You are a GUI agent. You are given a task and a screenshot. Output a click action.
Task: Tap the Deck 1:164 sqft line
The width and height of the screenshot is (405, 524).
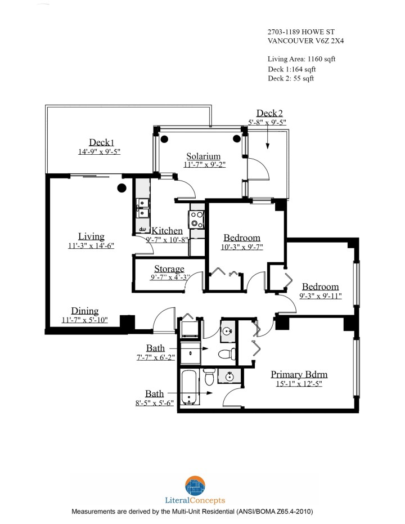291,69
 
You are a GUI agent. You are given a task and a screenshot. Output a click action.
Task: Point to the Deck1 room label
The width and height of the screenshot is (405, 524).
102,142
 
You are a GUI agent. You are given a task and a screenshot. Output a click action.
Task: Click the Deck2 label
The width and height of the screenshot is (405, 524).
269,113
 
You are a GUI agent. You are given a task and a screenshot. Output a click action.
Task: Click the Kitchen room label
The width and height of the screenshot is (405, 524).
167,231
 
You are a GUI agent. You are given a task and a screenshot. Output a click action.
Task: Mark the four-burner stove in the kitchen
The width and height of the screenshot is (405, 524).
197,218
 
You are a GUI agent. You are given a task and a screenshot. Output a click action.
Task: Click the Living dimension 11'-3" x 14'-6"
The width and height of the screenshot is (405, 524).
91,246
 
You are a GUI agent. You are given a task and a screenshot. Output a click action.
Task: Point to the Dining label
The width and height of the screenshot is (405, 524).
84,311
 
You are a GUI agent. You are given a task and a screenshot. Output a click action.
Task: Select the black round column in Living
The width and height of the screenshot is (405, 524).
121,189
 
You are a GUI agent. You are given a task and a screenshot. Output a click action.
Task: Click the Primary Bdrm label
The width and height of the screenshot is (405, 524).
299,375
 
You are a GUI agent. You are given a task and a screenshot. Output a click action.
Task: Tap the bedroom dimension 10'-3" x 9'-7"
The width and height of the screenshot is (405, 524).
242,247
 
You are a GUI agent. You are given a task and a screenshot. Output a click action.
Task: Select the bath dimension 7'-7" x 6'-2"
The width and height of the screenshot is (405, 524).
155,358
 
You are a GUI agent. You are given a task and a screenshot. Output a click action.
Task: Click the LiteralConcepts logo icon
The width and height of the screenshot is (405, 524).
196,485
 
